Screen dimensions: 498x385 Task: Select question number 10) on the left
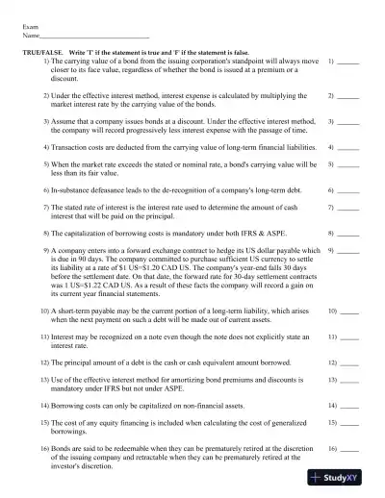44,312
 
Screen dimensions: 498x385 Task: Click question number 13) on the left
44,380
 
